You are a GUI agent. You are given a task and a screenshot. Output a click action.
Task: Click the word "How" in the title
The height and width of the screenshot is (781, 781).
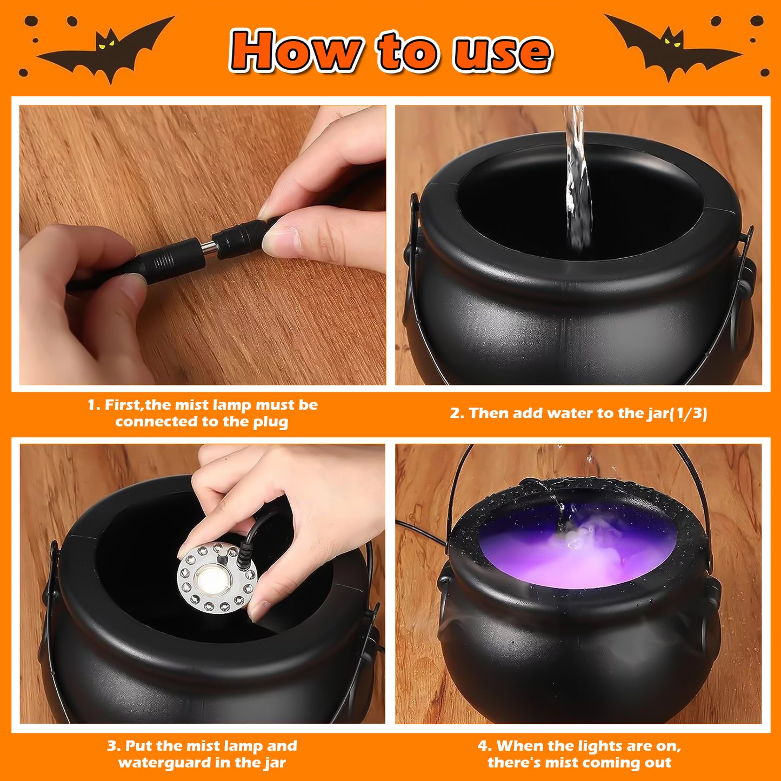tap(295, 51)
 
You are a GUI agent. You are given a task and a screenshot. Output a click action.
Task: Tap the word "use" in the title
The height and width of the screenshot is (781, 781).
tap(502, 52)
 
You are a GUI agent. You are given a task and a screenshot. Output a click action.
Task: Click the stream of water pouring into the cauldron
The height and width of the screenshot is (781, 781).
tap(577, 184)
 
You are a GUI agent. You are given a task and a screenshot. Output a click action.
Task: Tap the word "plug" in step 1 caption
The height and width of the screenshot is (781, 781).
tap(270, 422)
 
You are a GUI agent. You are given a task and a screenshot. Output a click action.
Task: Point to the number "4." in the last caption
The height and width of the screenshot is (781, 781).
tap(485, 746)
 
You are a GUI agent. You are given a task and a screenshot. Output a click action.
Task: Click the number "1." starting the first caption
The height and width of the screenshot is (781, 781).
tap(94, 405)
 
